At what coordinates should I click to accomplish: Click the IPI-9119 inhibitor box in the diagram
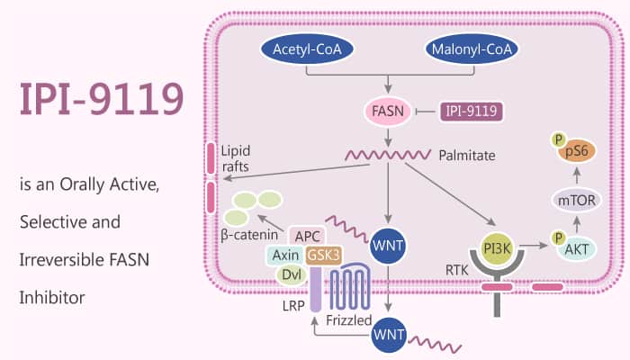pos(470,112)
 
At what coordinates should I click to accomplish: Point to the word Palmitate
pos(468,156)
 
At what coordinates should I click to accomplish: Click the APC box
pos(306,236)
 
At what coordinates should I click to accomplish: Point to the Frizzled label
pos(346,318)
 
